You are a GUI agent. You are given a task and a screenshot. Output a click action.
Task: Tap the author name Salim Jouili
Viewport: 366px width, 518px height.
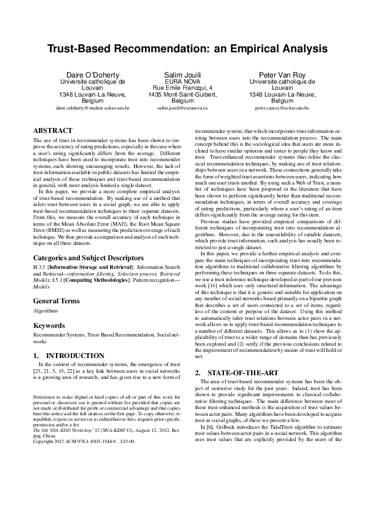[183, 73]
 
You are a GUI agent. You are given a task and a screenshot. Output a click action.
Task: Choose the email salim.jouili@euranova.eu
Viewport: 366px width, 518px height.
[183, 108]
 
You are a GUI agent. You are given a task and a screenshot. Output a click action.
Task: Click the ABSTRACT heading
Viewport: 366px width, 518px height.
[52, 131]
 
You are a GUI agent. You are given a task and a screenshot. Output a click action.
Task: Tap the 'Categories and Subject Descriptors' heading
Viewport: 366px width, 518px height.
[89, 258]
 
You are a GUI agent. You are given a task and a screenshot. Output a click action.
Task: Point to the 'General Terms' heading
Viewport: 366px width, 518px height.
[56, 301]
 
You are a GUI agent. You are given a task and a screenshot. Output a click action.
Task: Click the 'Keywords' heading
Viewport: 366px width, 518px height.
[49, 325]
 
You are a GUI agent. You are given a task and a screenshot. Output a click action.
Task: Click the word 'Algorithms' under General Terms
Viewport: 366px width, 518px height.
[46, 311]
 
